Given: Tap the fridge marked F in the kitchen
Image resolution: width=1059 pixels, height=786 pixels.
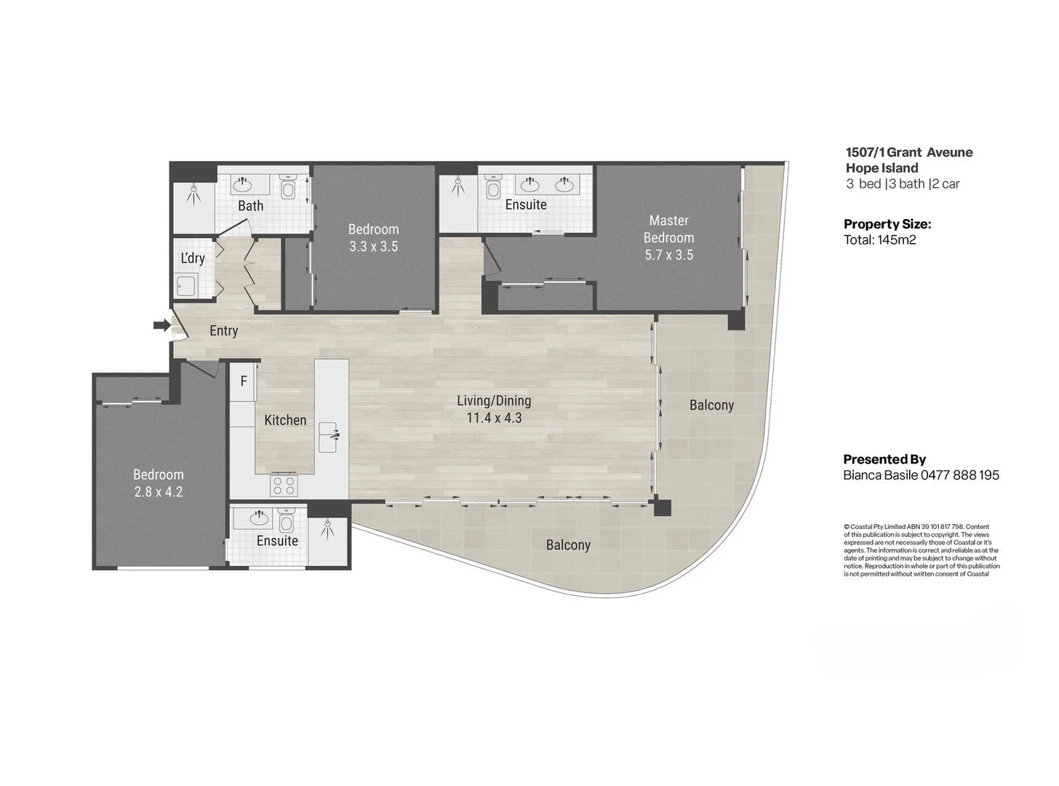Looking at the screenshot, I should click(244, 381).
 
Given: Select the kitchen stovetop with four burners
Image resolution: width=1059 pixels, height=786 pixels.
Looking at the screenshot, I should click(284, 485).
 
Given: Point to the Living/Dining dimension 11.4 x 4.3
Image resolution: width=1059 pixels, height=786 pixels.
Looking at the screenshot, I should click(494, 418).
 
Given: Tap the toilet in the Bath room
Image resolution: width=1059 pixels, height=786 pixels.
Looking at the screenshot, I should click(287, 188).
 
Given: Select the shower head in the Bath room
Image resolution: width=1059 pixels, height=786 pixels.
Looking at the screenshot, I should click(193, 191).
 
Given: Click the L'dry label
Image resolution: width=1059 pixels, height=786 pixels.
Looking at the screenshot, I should click(193, 258).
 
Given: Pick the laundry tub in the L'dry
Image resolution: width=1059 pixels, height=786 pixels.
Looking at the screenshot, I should click(186, 286).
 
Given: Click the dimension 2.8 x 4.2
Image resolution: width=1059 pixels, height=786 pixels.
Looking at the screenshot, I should click(158, 492).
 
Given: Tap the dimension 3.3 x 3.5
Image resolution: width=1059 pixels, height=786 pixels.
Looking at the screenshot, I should click(373, 247).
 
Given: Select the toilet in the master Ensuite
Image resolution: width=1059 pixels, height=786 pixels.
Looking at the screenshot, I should click(493, 188).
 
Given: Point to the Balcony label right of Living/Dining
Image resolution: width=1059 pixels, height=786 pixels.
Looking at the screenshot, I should click(711, 405).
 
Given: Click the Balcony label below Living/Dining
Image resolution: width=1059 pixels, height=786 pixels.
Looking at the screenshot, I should click(568, 545).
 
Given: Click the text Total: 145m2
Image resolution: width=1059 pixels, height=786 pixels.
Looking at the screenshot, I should click(879, 240).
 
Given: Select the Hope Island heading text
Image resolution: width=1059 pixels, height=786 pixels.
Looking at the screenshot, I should click(882, 168).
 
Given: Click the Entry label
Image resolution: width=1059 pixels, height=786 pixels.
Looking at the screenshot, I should click(223, 331).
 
